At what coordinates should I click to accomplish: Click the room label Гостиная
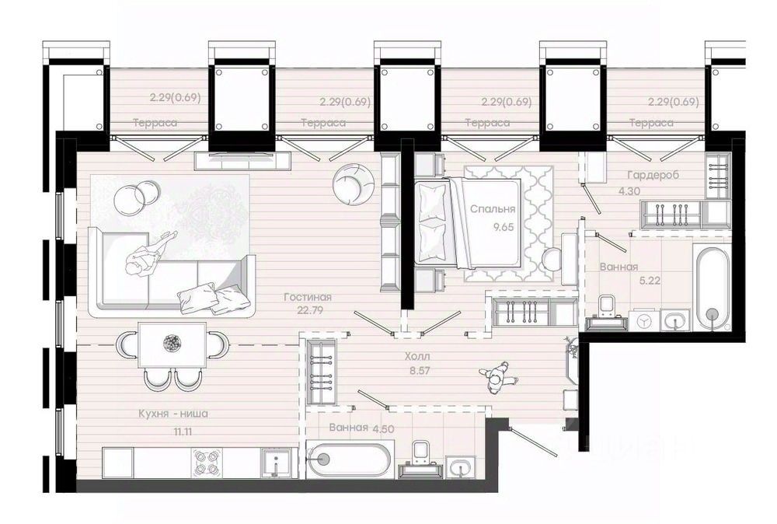tap(307, 297)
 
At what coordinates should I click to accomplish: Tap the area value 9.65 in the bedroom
tap(503, 227)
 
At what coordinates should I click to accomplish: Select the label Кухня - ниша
tap(173, 414)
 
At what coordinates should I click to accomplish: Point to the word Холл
tap(417, 356)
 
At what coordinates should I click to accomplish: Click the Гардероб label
tap(653, 175)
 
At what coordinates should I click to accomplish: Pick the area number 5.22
tap(650, 281)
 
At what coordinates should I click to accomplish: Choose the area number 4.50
tap(383, 429)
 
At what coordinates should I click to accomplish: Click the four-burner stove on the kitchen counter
tap(207, 463)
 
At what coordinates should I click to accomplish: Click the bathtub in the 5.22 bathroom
tap(712, 288)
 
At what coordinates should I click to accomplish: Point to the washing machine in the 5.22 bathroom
tap(643, 320)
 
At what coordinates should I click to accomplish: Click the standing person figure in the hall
tap(498, 377)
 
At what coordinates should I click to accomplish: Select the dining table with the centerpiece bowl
tap(172, 344)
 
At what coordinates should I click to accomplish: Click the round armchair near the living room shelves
tap(352, 184)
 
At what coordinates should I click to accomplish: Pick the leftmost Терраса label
tap(155, 123)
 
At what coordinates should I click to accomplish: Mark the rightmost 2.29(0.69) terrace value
tap(674, 102)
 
